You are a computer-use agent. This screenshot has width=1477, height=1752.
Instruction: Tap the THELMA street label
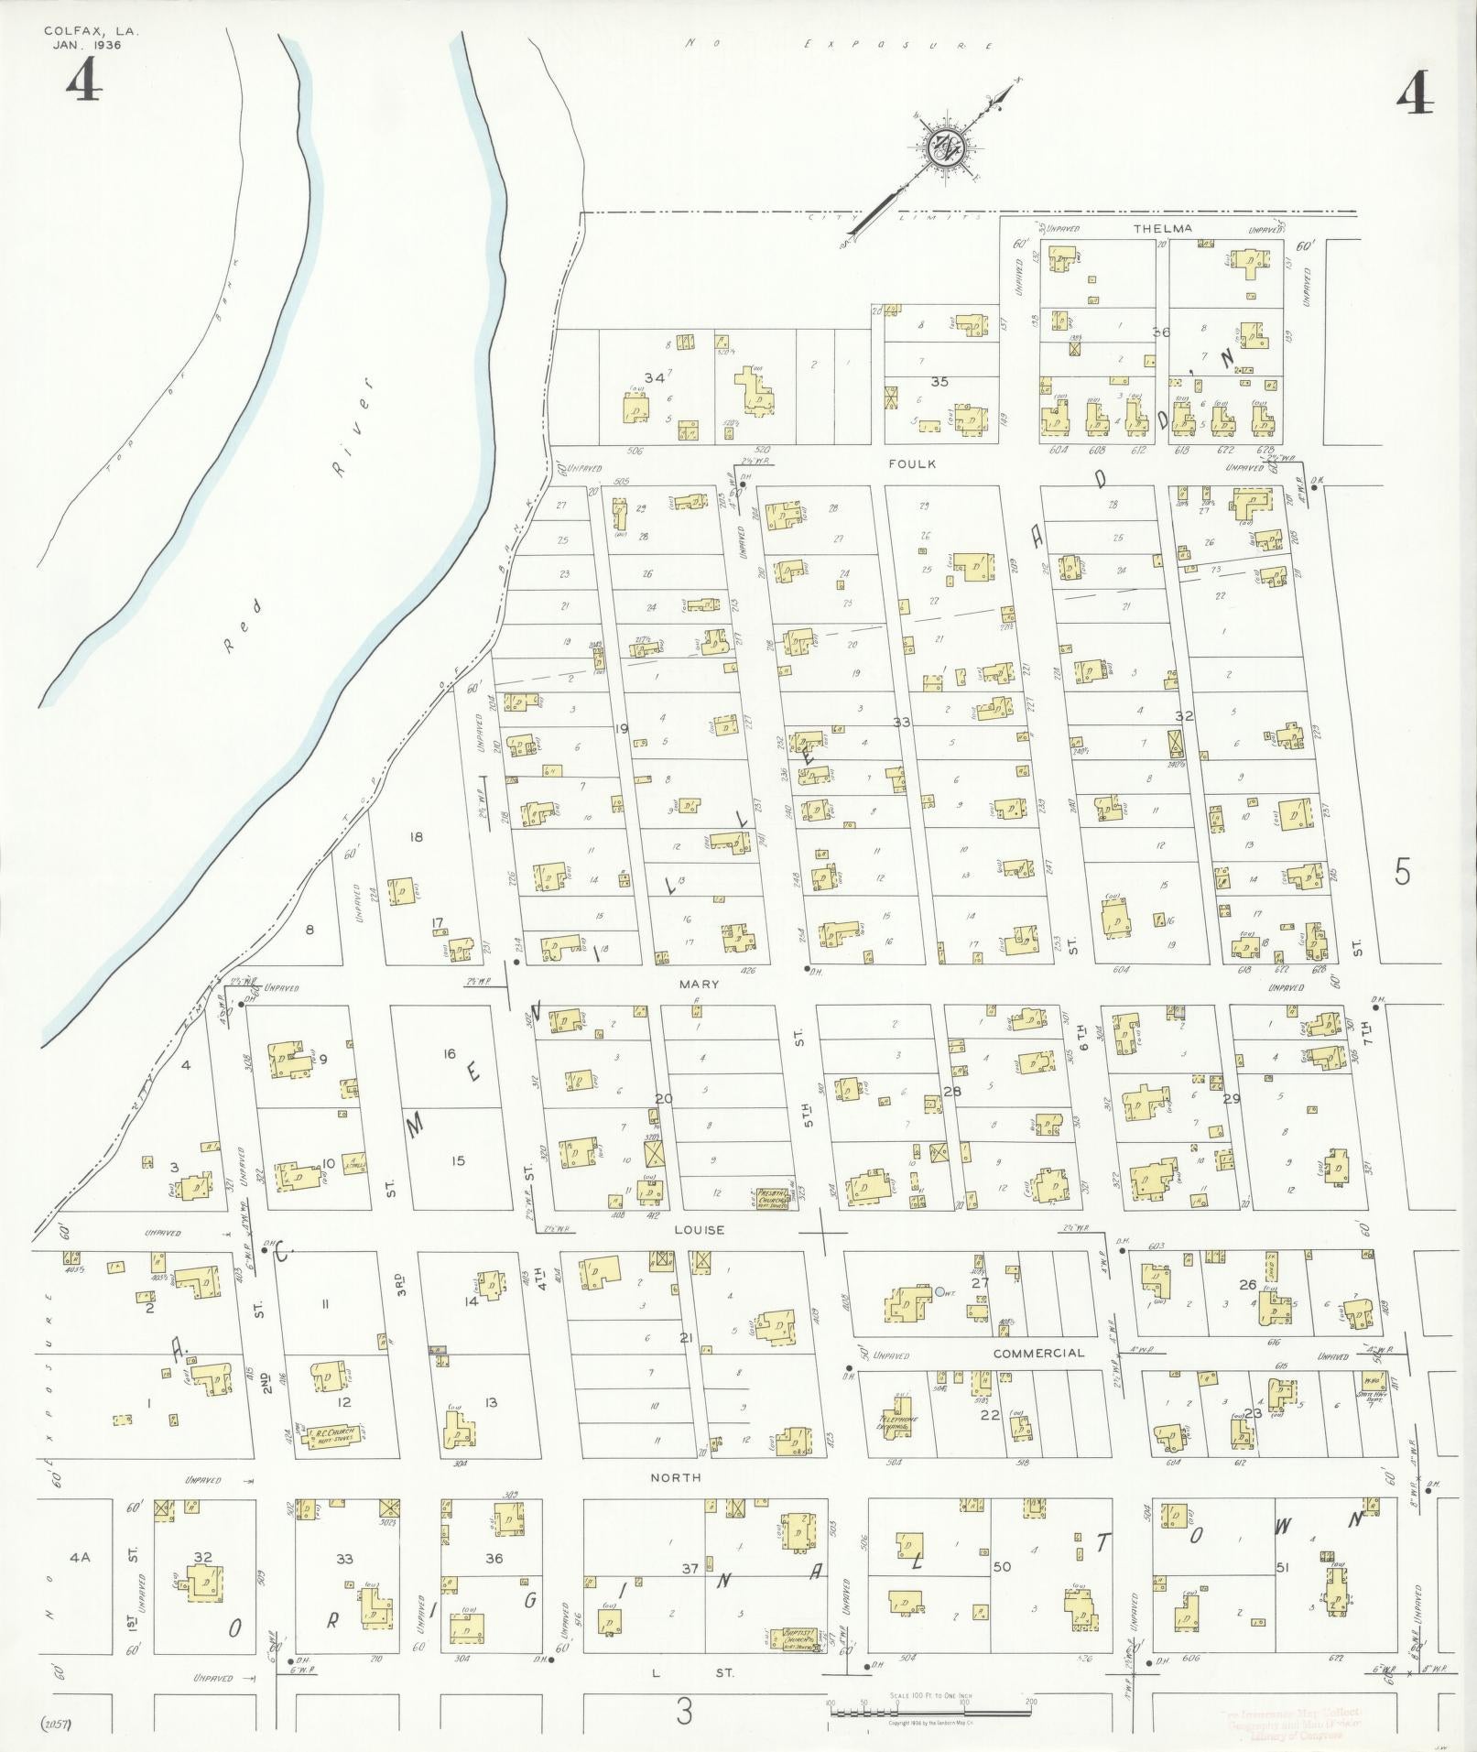pos(1163,228)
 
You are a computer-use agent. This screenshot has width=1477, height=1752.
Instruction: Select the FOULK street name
pos(912,463)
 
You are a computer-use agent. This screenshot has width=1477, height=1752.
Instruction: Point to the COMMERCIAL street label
pos(1038,1352)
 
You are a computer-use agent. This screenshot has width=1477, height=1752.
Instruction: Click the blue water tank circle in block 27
pos(939,1291)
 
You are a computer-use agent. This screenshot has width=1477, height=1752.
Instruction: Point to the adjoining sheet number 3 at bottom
pos(683,1713)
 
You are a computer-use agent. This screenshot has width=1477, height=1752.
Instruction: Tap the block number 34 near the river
pos(654,377)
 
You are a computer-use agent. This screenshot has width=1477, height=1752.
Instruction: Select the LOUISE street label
pos(701,1229)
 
